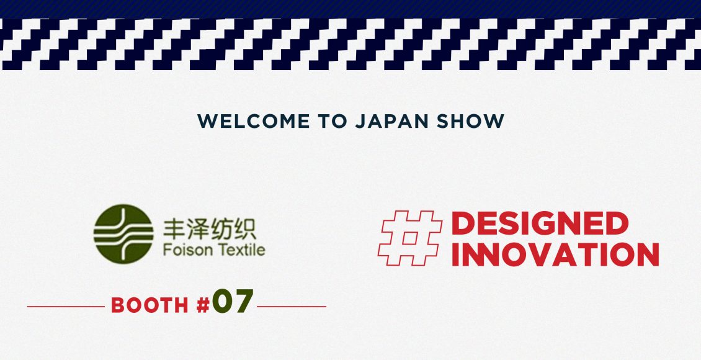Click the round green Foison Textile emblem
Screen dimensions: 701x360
click(123, 234)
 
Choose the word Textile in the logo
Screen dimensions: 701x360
click(241, 250)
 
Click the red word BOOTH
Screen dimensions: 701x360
click(150, 305)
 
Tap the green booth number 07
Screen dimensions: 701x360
click(233, 301)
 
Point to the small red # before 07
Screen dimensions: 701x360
click(203, 305)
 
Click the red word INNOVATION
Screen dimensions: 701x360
click(555, 254)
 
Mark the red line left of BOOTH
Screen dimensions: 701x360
click(66, 307)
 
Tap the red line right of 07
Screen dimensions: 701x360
click(292, 307)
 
